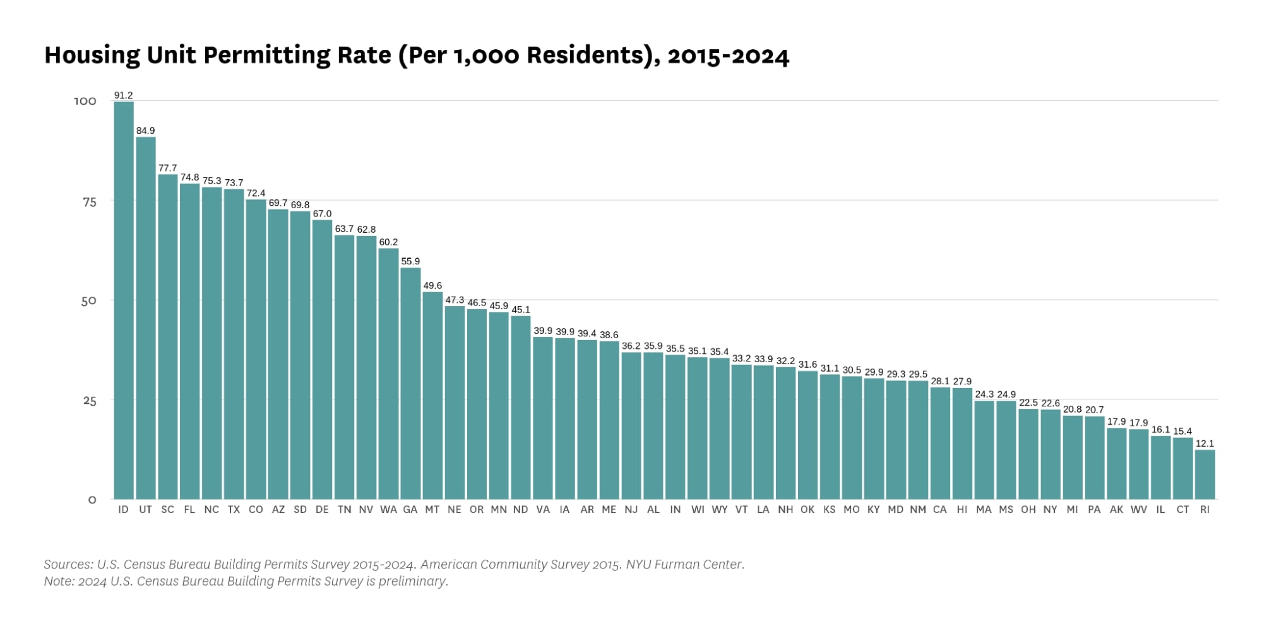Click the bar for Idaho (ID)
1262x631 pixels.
pyautogui.click(x=124, y=300)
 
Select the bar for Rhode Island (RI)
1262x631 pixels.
pyautogui.click(x=1205, y=475)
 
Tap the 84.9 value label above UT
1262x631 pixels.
pyautogui.click(x=145, y=131)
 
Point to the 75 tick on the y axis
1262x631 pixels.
pyautogui.click(x=90, y=202)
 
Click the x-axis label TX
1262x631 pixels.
pyautogui.click(x=234, y=510)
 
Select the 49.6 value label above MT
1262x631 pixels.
pyautogui.click(x=432, y=286)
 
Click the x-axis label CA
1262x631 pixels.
pyautogui.click(x=939, y=510)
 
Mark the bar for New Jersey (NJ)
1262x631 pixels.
pyautogui.click(x=631, y=425)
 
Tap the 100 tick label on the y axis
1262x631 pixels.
pyautogui.click(x=85, y=102)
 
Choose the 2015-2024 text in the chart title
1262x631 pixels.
pyautogui.click(x=728, y=56)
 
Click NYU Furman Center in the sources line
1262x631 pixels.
pyautogui.click(x=685, y=565)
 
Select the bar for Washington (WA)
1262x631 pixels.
pyautogui.click(x=388, y=374)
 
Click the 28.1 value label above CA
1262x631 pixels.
pyautogui.click(x=939, y=381)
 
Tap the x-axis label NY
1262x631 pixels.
pyautogui.click(x=1050, y=510)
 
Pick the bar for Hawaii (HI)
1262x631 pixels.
pyautogui.click(x=962, y=444)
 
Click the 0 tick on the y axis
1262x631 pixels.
pyautogui.click(x=92, y=500)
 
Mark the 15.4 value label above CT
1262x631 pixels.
pyautogui.click(x=1182, y=432)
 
